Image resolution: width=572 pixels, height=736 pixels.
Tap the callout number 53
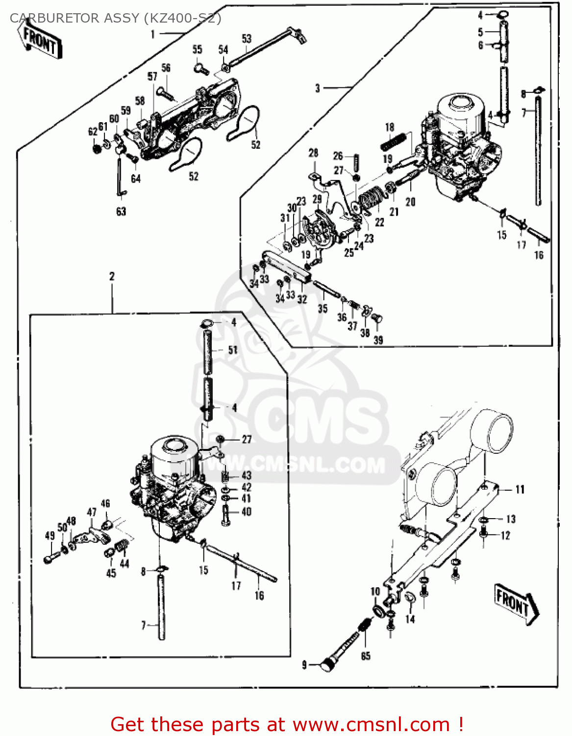coord(247,39)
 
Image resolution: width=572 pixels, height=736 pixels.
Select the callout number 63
coord(121,211)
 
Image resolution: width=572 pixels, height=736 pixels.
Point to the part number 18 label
coord(390,128)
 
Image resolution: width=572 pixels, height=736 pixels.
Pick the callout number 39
coord(378,340)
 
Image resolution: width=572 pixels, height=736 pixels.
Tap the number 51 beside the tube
coord(233,350)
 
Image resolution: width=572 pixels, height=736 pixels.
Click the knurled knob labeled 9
coord(326,665)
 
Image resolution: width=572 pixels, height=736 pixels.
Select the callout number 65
coord(366,656)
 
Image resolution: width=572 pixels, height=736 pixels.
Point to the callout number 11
coord(520,489)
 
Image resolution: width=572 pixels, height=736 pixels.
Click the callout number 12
coord(505,536)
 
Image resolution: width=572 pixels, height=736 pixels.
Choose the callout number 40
coord(246,512)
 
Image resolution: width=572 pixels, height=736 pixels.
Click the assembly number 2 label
coord(112,276)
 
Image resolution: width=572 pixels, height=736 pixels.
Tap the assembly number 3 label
coord(318,88)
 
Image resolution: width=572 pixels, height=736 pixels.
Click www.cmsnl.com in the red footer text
coord(371,725)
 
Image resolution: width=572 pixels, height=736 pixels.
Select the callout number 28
coord(313,153)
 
